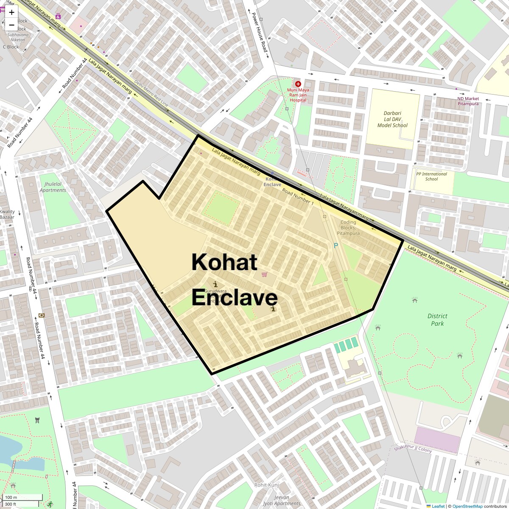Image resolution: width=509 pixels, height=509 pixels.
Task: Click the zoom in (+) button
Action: point(11,12)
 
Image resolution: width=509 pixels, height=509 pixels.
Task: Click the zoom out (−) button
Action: point(11,25)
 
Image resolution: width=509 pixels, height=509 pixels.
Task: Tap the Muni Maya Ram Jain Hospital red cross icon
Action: point(298,84)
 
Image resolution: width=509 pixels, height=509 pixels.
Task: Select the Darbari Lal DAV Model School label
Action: point(392,119)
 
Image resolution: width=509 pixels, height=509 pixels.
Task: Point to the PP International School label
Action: point(431,176)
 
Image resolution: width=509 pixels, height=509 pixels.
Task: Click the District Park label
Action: point(437,320)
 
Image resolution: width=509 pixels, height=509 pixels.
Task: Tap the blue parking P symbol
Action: point(336,246)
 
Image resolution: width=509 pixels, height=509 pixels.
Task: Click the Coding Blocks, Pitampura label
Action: point(348,228)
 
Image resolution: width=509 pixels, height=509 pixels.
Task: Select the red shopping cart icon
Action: point(265,275)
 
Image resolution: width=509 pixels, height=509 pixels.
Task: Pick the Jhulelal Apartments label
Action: point(53,187)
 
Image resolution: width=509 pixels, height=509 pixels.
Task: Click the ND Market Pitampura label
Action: point(468,101)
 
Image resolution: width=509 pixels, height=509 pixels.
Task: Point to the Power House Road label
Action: point(260,34)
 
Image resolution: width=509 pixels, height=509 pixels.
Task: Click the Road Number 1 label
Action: point(298,197)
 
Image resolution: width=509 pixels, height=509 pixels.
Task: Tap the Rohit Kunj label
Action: point(266,485)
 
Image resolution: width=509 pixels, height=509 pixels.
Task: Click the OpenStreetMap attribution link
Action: point(467,506)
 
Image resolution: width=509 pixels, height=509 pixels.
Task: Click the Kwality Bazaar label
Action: point(7,214)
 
